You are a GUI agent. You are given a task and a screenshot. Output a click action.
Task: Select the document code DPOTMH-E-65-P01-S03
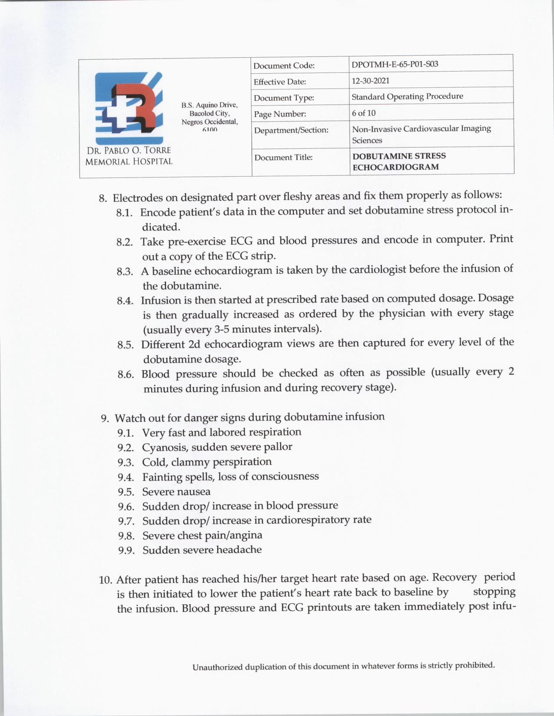coord(395,64)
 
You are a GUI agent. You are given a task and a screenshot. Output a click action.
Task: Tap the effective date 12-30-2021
coord(370,81)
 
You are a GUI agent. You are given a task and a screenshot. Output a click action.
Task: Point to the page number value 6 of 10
coord(364,113)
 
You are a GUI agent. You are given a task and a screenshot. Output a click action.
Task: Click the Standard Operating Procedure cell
coord(407,96)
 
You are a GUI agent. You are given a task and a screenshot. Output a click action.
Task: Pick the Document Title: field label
coord(283,158)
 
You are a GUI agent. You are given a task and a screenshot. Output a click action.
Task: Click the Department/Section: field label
coord(291,130)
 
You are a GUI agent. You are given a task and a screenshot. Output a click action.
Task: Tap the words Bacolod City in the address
coord(209,113)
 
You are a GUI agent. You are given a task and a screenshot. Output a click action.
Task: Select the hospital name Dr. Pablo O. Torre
coord(129,151)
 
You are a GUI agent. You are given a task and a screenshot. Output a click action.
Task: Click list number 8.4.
coord(125,301)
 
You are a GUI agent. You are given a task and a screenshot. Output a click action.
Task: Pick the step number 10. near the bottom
coord(106,580)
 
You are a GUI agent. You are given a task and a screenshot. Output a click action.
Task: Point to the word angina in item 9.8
coord(246,535)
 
